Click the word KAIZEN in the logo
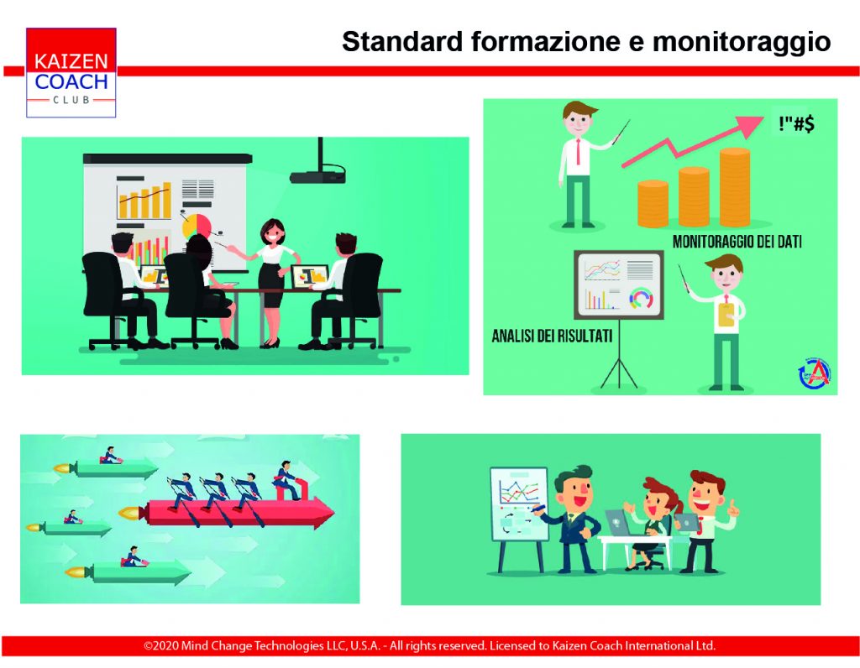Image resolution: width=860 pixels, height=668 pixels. click(71, 60)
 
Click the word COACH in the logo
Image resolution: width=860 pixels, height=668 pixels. click(71, 82)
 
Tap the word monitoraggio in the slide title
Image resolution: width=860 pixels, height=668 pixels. click(742, 42)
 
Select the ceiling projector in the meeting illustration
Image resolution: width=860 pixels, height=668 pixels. click(318, 164)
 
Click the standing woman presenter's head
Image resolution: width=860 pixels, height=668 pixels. click(273, 232)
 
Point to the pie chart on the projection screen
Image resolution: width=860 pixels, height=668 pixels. click(197, 226)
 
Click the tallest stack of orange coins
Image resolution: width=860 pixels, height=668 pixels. click(735, 187)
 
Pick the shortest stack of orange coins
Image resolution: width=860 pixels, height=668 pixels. click(653, 204)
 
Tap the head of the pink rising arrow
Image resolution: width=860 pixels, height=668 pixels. click(750, 126)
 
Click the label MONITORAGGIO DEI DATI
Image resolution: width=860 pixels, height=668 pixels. click(737, 242)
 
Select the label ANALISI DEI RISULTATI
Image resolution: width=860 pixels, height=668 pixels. click(552, 336)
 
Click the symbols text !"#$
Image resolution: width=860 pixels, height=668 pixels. click(796, 124)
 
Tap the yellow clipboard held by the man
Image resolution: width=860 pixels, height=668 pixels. click(726, 314)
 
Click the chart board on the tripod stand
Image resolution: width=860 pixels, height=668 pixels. click(619, 284)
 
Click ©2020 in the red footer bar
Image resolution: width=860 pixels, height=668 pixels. click(161, 645)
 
